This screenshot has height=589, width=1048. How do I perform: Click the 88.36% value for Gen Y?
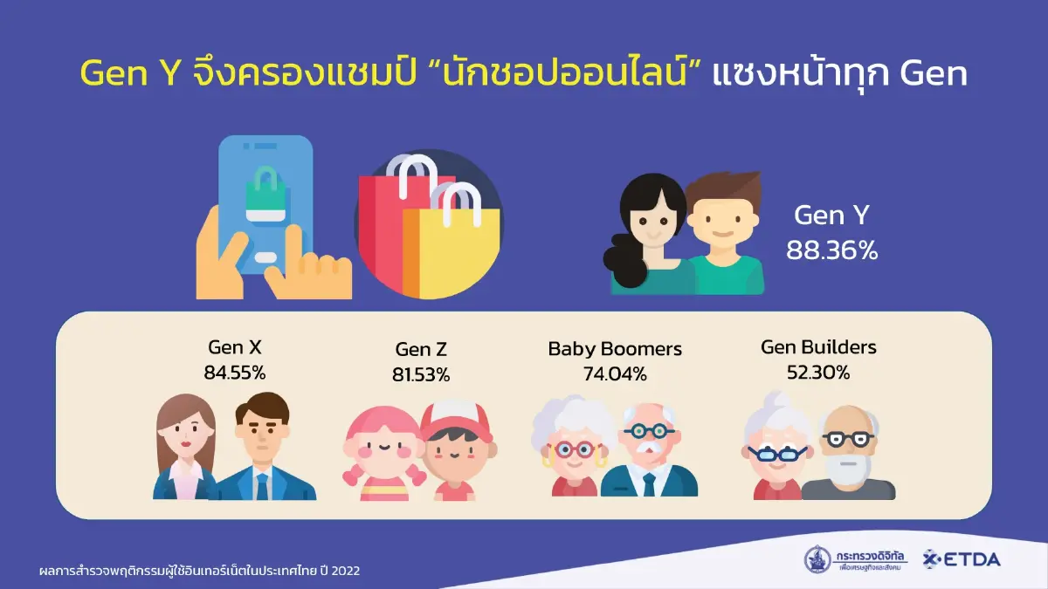[831, 251]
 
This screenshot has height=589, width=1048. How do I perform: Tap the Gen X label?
[235, 348]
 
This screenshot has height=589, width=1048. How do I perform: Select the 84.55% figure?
[235, 373]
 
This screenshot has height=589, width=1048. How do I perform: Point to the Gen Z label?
[421, 350]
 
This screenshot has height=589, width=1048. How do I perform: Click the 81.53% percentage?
[421, 375]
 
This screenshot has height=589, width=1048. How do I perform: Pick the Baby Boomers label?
[615, 349]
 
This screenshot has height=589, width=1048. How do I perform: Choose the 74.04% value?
[615, 374]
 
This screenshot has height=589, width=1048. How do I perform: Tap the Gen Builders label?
[818, 347]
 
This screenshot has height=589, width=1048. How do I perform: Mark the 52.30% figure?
[818, 373]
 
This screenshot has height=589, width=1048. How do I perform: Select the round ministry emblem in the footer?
[818, 559]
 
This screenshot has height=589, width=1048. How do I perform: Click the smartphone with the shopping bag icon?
[265, 209]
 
